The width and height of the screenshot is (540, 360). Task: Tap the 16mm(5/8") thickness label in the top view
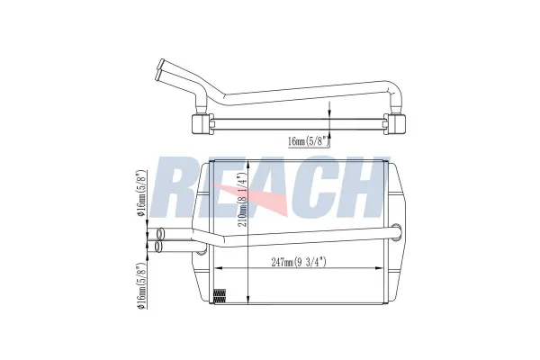(309, 141)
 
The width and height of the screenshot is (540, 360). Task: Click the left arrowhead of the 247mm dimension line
(214, 271)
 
